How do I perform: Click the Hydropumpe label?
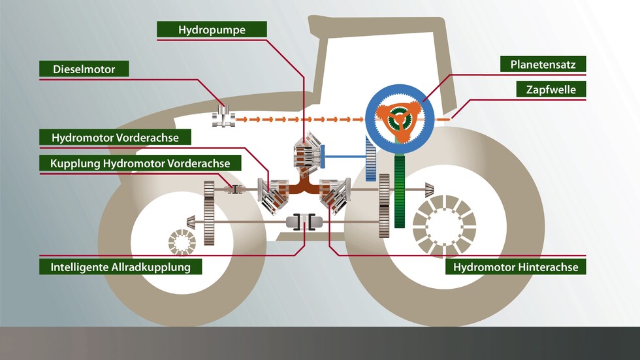212,29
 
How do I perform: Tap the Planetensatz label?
543,64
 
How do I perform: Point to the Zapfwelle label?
551,90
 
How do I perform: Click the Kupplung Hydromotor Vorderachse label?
140,163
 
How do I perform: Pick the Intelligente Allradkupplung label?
120,267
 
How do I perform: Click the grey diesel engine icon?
224,118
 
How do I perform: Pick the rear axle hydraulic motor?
334,194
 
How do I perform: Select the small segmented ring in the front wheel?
181,242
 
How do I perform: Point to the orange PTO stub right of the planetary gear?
443,120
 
